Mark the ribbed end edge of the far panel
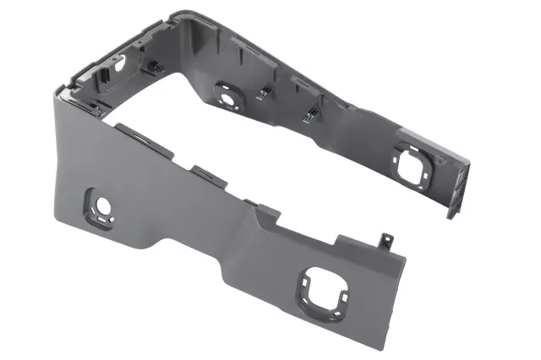click(457, 186)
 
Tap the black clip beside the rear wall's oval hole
click(155, 66)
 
